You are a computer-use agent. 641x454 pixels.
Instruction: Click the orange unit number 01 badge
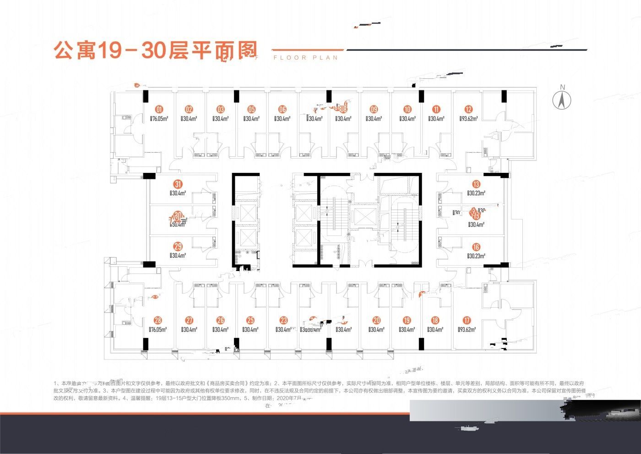click(x=159, y=110)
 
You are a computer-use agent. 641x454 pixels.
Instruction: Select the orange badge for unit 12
click(x=468, y=110)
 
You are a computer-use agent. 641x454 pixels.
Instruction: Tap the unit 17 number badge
click(x=467, y=321)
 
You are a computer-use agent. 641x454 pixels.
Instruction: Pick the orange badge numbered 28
click(x=158, y=321)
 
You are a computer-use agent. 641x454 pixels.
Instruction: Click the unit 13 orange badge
click(x=476, y=184)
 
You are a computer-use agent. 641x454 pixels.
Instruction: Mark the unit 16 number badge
click(x=476, y=247)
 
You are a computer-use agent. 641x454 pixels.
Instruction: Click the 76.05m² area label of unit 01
click(x=159, y=119)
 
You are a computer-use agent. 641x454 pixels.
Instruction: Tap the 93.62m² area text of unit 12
click(x=468, y=119)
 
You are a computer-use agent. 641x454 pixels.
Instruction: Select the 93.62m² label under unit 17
click(x=467, y=329)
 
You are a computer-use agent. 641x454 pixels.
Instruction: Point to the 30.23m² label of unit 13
click(x=476, y=193)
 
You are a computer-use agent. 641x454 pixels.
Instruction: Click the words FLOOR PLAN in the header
click(x=305, y=58)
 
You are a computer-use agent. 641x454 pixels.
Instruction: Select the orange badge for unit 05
click(x=251, y=110)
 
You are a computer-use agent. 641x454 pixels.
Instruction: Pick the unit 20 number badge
click(x=376, y=321)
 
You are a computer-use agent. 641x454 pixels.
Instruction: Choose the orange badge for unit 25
click(x=250, y=321)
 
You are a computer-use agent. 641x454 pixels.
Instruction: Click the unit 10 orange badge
click(x=407, y=110)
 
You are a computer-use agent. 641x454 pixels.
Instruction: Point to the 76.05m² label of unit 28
click(x=158, y=329)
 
